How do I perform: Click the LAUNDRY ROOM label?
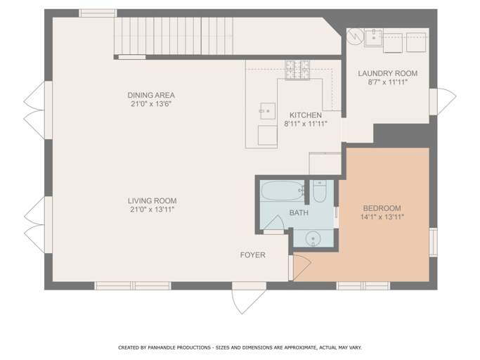click(387, 74)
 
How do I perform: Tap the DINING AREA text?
click(151, 95)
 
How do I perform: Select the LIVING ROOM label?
click(152, 201)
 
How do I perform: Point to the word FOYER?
click(252, 255)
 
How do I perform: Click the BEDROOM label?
click(382, 208)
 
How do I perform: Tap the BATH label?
click(299, 212)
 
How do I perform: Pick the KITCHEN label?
click(306, 115)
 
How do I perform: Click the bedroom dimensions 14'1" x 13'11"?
click(382, 217)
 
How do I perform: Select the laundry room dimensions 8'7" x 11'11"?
click(387, 82)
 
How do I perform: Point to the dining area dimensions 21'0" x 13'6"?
click(151, 104)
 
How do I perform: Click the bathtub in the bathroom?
click(282, 191)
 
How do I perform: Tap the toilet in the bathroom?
click(319, 191)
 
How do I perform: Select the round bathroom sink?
click(313, 238)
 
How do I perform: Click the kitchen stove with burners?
click(297, 70)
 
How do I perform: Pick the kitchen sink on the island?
click(267, 111)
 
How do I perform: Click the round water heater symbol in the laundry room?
click(356, 37)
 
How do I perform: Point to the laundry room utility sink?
click(373, 38)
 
